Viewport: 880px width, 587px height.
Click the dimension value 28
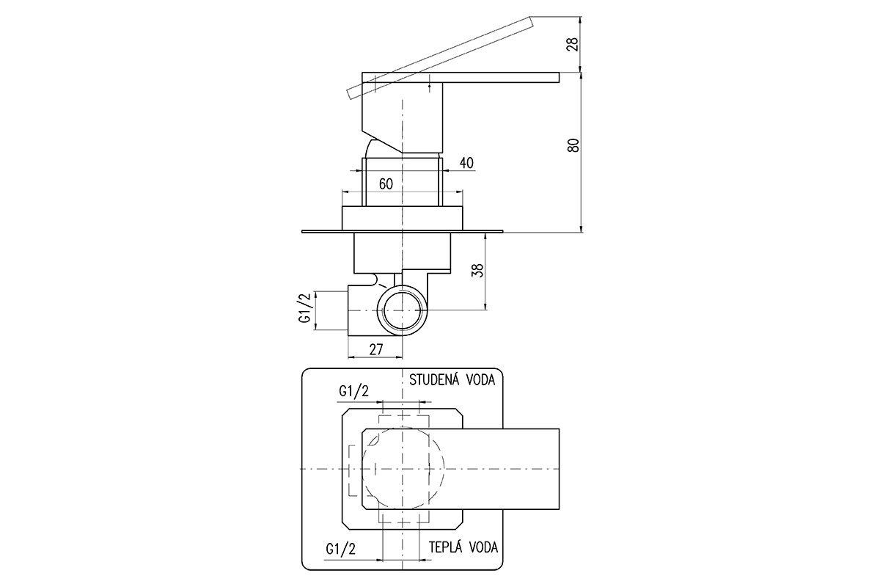(574, 44)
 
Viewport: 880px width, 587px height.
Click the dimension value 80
(574, 145)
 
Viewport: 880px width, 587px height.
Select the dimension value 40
(466, 163)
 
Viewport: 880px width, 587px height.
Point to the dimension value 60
(386, 183)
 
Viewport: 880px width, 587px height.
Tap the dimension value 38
(479, 270)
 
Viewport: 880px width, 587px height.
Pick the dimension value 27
(376, 349)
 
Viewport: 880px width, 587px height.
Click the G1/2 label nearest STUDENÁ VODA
(353, 391)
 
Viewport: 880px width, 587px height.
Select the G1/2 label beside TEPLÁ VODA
(340, 549)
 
